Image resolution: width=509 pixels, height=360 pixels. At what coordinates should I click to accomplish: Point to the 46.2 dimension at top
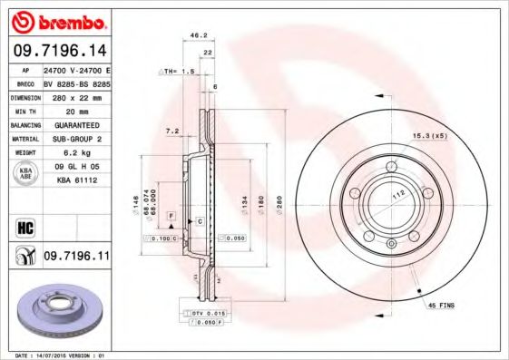(192, 35)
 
